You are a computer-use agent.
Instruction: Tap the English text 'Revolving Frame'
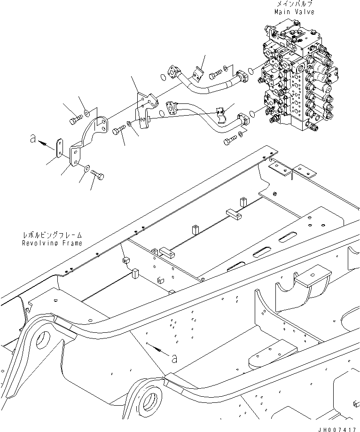point(52,243)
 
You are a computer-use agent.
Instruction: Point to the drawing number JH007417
point(337,428)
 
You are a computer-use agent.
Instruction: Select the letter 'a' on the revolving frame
point(174,358)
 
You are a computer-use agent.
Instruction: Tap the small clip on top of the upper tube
point(197,73)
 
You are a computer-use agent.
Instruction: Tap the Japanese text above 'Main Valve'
point(295,4)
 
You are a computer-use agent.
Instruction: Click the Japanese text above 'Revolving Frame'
point(52,235)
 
